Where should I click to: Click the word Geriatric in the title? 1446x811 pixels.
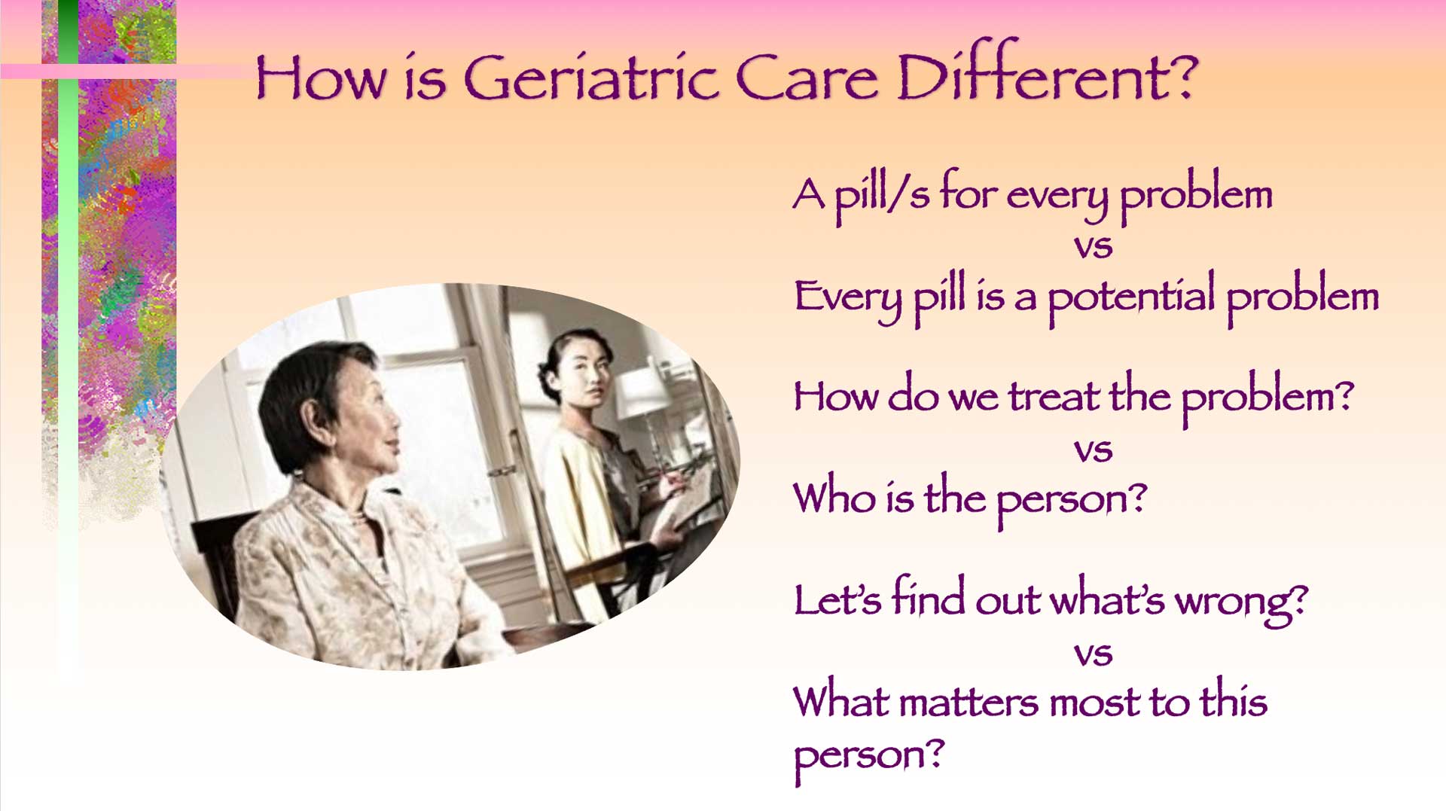[x=591, y=77]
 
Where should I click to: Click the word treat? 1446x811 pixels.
[x=1054, y=396]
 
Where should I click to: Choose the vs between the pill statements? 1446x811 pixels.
[x=1093, y=247]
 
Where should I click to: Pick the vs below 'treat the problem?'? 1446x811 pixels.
[x=1093, y=451]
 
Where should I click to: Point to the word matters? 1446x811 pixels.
[x=969, y=703]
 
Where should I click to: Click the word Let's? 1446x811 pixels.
[x=837, y=599]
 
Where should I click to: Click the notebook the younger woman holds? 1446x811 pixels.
[x=682, y=501]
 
